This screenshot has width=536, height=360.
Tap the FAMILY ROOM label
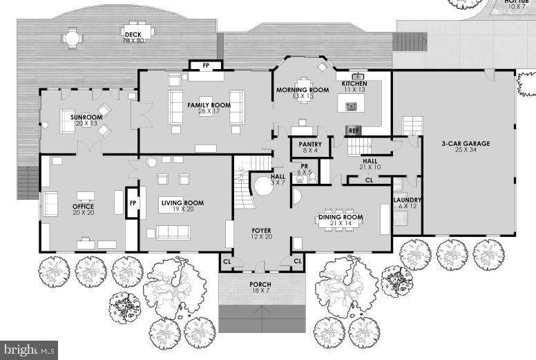[209, 105]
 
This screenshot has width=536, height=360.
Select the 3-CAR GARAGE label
[466, 144]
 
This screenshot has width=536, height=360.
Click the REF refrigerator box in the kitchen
[354, 130]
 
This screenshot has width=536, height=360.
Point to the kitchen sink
[358, 76]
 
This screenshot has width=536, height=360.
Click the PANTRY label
[310, 144]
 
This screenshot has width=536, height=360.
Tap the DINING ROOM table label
[340, 218]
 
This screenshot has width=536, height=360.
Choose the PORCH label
[260, 285]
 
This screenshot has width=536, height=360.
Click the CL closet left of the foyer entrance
[227, 262]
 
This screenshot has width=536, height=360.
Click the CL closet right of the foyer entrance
[297, 262]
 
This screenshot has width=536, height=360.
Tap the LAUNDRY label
[408, 201]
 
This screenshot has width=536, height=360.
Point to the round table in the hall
[262, 187]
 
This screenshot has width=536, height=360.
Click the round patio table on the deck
[72, 38]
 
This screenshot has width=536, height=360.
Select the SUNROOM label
[86, 117]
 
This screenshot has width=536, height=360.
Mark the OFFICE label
[83, 207]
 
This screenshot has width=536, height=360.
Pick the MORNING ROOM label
[303, 90]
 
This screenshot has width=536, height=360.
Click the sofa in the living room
[172, 231]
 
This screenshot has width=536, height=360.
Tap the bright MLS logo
[28, 350]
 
